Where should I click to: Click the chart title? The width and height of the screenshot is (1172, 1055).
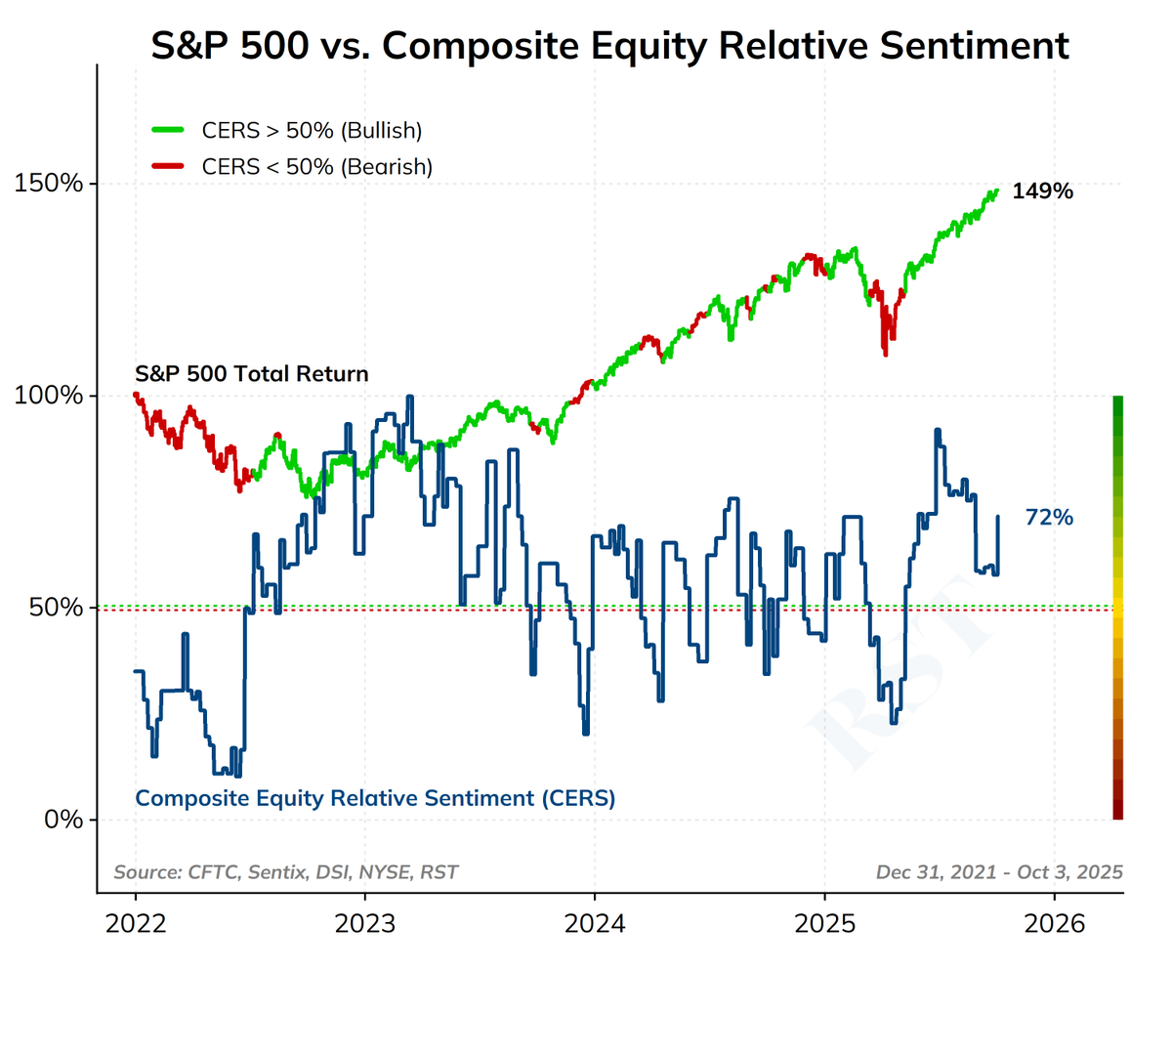(x=609, y=46)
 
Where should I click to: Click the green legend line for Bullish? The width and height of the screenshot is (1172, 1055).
(x=168, y=130)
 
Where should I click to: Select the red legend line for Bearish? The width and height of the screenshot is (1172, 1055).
(x=168, y=166)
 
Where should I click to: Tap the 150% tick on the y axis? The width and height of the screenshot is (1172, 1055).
(x=48, y=184)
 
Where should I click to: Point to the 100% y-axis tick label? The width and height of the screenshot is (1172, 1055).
(x=48, y=396)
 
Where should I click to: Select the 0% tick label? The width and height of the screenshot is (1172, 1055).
(x=63, y=820)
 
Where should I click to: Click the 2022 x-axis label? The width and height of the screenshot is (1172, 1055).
(x=135, y=923)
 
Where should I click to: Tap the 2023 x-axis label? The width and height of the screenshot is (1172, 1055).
(x=364, y=923)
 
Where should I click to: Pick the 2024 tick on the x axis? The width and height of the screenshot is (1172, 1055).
(x=594, y=923)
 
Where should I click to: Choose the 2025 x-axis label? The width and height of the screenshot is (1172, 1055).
(x=824, y=923)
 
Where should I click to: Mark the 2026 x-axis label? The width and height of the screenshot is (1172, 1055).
(x=1054, y=923)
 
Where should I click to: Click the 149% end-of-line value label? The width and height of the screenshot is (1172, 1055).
(x=1042, y=191)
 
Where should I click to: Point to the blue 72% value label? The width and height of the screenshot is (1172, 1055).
(x=1049, y=518)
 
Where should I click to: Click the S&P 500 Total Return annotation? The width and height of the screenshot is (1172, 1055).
(x=251, y=373)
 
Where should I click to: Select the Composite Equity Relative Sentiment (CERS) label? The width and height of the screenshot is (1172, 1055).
(x=375, y=798)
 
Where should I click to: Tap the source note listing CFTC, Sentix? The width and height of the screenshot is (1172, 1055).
(x=285, y=872)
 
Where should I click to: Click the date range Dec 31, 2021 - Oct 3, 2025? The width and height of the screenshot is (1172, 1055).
(x=999, y=872)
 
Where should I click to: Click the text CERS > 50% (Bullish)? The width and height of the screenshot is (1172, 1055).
(x=312, y=130)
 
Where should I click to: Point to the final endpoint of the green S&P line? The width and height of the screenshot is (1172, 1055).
(x=997, y=191)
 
